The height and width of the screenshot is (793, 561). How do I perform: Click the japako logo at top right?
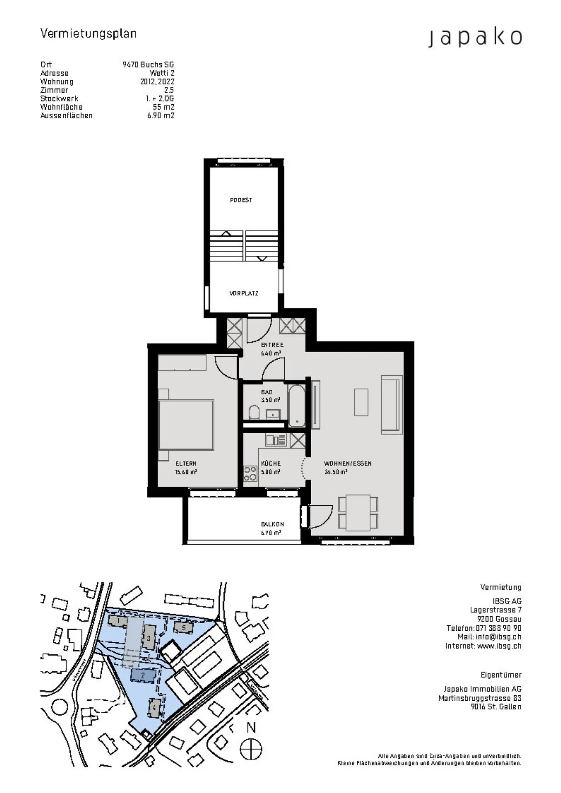(x=475, y=38)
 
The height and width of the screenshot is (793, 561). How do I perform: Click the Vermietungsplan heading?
(x=88, y=33)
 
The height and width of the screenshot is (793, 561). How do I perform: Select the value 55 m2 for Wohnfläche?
(x=163, y=107)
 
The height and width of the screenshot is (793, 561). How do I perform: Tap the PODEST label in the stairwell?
(x=241, y=200)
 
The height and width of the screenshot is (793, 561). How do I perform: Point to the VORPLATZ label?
(x=244, y=294)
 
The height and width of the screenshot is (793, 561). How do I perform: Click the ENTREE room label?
(x=272, y=345)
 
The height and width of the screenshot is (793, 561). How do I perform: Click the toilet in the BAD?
(x=254, y=412)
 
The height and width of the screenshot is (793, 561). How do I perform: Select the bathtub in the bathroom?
(x=297, y=405)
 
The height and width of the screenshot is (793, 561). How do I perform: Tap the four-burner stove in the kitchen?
(x=250, y=474)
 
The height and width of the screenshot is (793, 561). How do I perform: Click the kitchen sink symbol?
(x=276, y=440)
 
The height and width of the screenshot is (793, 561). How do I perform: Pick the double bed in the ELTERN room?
(x=186, y=425)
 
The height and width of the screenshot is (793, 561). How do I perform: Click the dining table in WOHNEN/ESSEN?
(x=358, y=513)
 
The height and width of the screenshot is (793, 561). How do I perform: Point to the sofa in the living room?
(x=392, y=404)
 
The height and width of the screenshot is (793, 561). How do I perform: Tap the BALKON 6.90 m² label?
(x=272, y=529)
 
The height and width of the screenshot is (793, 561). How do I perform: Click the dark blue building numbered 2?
(x=143, y=675)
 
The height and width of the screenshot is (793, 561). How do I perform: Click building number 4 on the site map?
(x=154, y=708)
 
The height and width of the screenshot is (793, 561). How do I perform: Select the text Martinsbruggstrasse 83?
(x=480, y=698)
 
